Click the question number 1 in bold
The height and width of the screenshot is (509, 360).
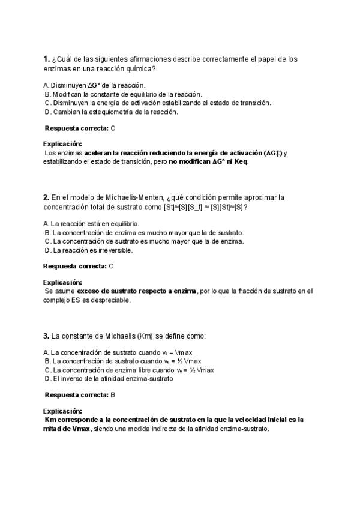coord(46,59)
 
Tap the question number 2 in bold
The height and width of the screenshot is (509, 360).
coord(46,197)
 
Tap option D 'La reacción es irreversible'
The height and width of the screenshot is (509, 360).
coord(88,250)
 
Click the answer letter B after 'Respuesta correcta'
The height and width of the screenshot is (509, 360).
coord(113,395)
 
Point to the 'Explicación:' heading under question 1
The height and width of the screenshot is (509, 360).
coord(62,144)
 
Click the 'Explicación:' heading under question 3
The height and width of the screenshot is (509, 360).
coord(62,411)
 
